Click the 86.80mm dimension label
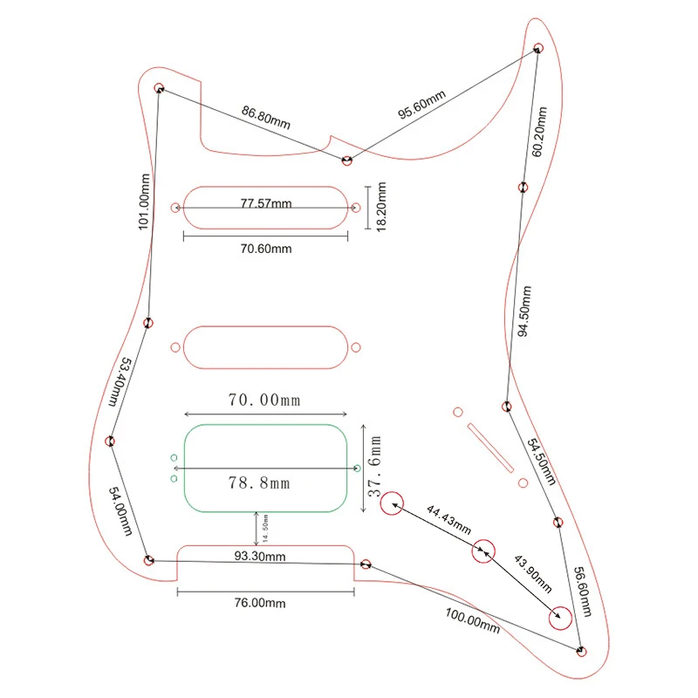point(266,117)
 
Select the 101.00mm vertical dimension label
point(144,202)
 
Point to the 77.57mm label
point(266,203)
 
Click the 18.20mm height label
point(381,207)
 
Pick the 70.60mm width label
point(266,249)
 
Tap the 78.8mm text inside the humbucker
point(259,482)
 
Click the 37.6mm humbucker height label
point(374,466)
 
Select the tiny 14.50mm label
point(265,528)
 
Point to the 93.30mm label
point(260,556)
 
